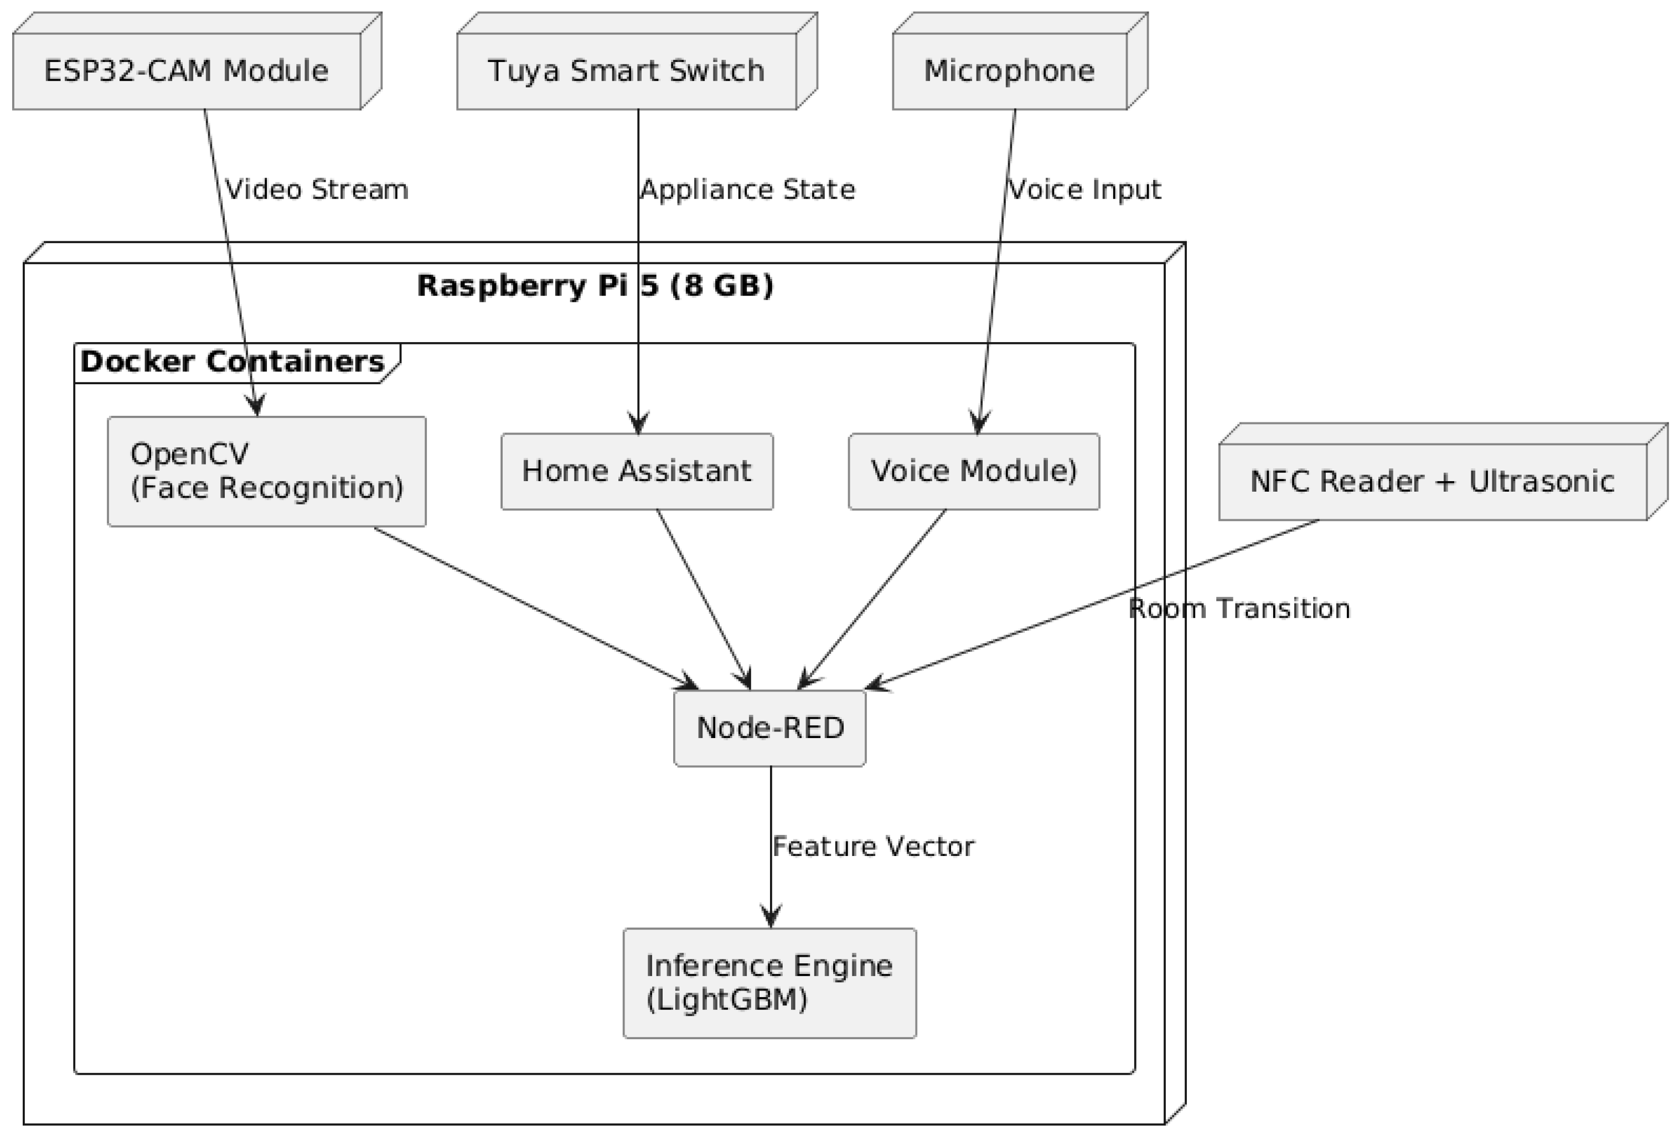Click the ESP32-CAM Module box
click(x=187, y=71)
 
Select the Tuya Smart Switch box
click(x=626, y=71)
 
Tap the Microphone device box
click(x=1009, y=71)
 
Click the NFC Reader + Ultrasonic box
click(x=1432, y=481)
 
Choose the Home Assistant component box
click(x=637, y=471)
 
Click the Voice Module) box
click(x=973, y=471)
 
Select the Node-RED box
click(x=769, y=728)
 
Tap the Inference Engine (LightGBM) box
click(x=769, y=983)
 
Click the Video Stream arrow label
click(x=317, y=190)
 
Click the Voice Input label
click(x=1084, y=190)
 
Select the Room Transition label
click(x=1239, y=609)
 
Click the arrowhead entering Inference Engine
click(x=771, y=917)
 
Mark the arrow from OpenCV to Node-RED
click(x=535, y=608)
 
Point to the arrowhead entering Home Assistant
click(x=638, y=424)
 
